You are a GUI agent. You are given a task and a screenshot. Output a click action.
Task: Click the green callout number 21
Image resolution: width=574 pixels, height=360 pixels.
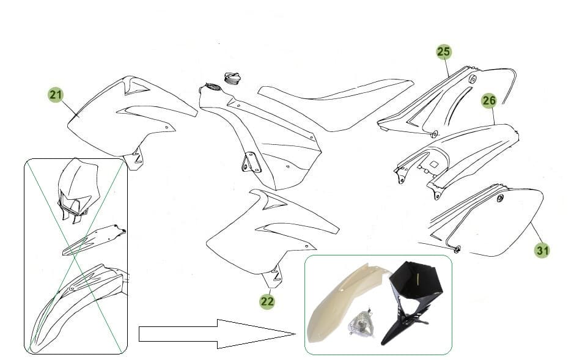tap(56, 95)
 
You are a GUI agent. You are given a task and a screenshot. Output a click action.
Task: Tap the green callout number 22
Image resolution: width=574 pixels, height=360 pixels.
tap(267, 301)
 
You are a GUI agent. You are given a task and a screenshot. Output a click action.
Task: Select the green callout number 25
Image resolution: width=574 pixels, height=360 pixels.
tap(444, 51)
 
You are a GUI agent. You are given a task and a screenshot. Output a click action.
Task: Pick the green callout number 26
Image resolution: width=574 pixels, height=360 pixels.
tap(489, 101)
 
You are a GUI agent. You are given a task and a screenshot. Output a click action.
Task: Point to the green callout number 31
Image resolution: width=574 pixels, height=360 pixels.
tap(542, 251)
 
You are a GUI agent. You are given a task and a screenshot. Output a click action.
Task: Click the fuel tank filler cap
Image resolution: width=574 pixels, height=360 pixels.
tap(232, 78)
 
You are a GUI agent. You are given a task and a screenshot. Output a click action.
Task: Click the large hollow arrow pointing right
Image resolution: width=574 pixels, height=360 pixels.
tap(217, 334)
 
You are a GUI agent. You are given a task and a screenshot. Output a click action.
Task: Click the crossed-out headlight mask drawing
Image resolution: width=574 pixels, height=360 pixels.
tap(78, 191)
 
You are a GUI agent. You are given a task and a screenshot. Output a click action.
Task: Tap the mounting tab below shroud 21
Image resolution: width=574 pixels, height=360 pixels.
tap(134, 159)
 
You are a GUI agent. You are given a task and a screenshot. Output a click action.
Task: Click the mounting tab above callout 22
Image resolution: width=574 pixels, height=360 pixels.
tap(273, 277)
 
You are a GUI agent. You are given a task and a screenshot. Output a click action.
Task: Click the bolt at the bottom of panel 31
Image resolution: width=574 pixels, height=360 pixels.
tap(457, 249)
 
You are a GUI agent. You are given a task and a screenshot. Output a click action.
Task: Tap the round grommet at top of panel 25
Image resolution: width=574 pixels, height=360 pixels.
tap(473, 79)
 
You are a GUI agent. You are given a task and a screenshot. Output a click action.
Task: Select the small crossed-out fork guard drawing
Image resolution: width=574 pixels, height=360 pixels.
tap(94, 240)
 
